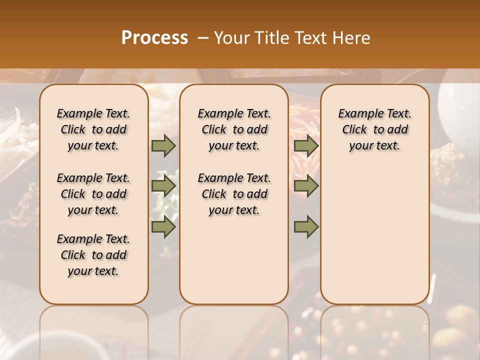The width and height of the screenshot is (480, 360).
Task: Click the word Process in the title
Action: pyautogui.click(x=154, y=38)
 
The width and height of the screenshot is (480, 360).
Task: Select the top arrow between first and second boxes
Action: pyautogui.click(x=163, y=145)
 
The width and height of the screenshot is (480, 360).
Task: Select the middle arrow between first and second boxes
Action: pyautogui.click(x=163, y=186)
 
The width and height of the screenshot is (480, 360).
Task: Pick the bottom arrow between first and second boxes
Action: pyautogui.click(x=163, y=227)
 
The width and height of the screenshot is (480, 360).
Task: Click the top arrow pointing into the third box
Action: pyautogui.click(x=306, y=145)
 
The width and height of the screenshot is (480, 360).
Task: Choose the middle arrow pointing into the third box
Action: pyautogui.click(x=306, y=186)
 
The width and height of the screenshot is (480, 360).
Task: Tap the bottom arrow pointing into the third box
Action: pyautogui.click(x=306, y=227)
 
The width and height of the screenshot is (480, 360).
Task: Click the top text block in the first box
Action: pyautogui.click(x=93, y=129)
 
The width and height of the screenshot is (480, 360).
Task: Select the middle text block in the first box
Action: pyautogui.click(x=93, y=194)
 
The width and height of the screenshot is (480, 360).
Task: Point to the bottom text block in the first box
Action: pyautogui.click(x=93, y=255)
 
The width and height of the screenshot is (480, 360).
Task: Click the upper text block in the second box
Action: pyautogui.click(x=234, y=129)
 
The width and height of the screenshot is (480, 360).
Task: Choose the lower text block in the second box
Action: pyautogui.click(x=234, y=194)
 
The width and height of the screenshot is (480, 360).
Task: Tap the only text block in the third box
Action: pyautogui.click(x=374, y=129)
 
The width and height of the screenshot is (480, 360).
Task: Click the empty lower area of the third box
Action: pyautogui.click(x=374, y=240)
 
